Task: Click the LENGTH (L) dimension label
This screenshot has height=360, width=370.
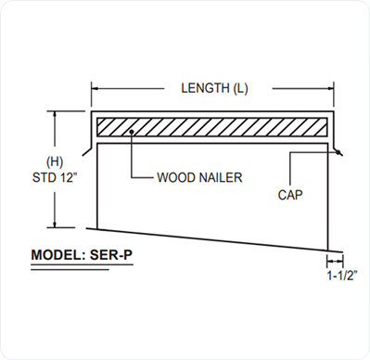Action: click(x=214, y=88)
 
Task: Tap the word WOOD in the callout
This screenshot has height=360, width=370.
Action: click(x=176, y=177)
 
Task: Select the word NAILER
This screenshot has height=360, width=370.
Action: click(x=221, y=177)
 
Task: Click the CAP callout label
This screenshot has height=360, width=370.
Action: click(x=290, y=195)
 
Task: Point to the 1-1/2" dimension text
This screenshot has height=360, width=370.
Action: click(x=342, y=276)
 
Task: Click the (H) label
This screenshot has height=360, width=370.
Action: click(x=55, y=161)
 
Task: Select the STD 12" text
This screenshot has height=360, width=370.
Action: click(x=55, y=177)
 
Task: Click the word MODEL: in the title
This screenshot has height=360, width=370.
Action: click(x=57, y=255)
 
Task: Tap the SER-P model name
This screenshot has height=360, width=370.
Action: click(x=111, y=255)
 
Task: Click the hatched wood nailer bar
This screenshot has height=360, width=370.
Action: click(x=212, y=127)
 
